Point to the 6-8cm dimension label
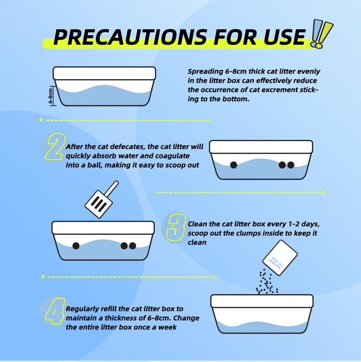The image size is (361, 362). (x=51, y=96)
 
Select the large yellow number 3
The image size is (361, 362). (x=176, y=227)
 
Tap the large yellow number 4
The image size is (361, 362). (x=55, y=311)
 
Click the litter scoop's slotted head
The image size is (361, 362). (x=99, y=204)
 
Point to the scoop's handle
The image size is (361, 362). (x=111, y=188)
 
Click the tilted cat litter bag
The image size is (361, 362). (x=280, y=258)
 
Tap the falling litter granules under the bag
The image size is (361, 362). (x=267, y=282)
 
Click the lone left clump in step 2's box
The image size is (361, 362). (x=234, y=165)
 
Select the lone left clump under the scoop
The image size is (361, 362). (x=76, y=246)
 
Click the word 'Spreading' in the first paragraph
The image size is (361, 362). (x=205, y=72)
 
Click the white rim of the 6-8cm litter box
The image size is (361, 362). (x=104, y=74)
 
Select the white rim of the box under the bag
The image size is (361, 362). (x=262, y=301)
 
